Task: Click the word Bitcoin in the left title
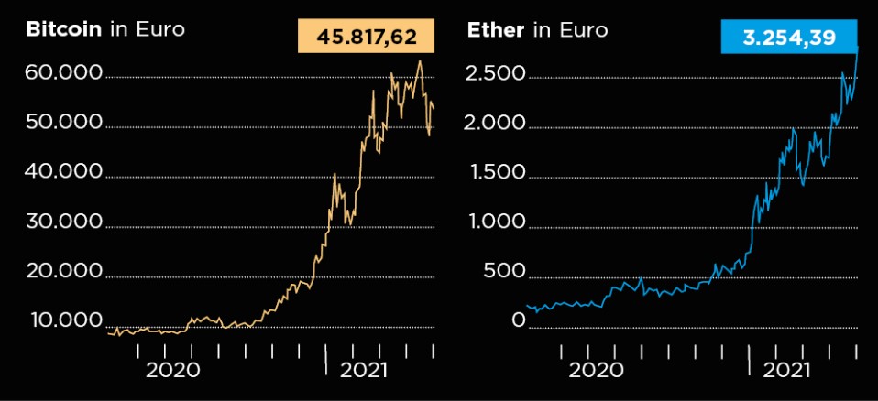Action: pyautogui.click(x=64, y=29)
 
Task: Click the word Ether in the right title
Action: pyautogui.click(x=496, y=29)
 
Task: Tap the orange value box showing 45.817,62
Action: pyautogui.click(x=366, y=38)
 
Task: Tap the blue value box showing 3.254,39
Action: pyautogui.click(x=789, y=38)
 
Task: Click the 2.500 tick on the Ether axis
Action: pyautogui.click(x=496, y=73)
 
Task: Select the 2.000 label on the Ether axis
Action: pyautogui.click(x=496, y=123)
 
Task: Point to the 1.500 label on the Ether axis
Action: pyautogui.click(x=496, y=172)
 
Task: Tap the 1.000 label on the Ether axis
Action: pyautogui.click(x=496, y=222)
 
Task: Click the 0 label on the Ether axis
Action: pyautogui.click(x=519, y=320)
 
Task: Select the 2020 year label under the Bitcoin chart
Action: pyautogui.click(x=172, y=371)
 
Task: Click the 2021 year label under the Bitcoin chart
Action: pyautogui.click(x=364, y=371)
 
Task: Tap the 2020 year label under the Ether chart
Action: pyautogui.click(x=596, y=371)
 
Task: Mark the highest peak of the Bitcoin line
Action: pyautogui.click(x=420, y=61)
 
